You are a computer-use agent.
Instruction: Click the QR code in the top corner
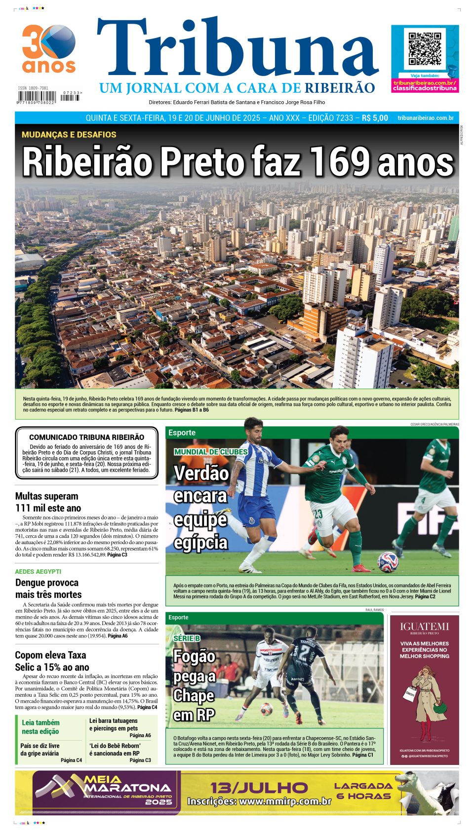point(425,49)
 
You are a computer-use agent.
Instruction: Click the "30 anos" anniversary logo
point(48,48)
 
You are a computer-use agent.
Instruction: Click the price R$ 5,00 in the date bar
point(375,118)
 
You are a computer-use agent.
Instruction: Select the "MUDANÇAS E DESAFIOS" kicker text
point(69,134)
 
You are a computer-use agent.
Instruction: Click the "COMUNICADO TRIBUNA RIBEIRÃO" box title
point(86,437)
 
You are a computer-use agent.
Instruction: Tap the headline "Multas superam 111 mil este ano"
point(48,502)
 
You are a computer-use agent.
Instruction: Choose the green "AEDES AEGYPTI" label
point(38,571)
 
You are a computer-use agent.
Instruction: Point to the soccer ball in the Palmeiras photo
point(387,561)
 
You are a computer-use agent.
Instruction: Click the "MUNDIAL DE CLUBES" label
point(211,452)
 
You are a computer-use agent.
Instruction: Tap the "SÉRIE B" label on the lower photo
point(187,638)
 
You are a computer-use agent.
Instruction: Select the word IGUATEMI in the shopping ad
point(424,627)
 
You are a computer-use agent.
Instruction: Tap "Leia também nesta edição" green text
point(40,727)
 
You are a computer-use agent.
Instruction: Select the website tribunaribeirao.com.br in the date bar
point(425,118)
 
